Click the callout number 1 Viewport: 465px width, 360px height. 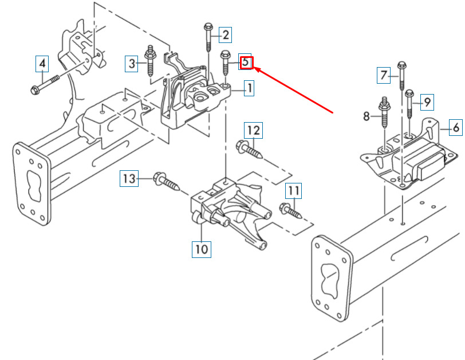click(x=249, y=88)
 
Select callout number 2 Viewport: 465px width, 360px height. click(x=226, y=35)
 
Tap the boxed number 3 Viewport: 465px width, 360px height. click(x=131, y=64)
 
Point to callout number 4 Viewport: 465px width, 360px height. click(x=42, y=64)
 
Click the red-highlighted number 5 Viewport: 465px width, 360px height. click(x=246, y=62)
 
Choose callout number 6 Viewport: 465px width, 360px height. click(x=455, y=127)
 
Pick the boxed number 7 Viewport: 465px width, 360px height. click(x=384, y=75)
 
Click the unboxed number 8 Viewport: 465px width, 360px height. click(x=367, y=116)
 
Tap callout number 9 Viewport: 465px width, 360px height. click(x=427, y=103)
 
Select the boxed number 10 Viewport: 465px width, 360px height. click(x=202, y=249)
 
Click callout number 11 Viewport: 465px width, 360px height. click(x=294, y=191)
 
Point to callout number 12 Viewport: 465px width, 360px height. click(x=253, y=130)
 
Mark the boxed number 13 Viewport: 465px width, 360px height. click(x=129, y=178)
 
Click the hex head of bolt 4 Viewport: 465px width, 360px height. click(x=36, y=89)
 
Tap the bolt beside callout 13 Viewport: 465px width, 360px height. click(x=167, y=181)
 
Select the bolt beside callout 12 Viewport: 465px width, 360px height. click(x=249, y=150)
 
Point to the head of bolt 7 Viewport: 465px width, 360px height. click(x=402, y=65)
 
